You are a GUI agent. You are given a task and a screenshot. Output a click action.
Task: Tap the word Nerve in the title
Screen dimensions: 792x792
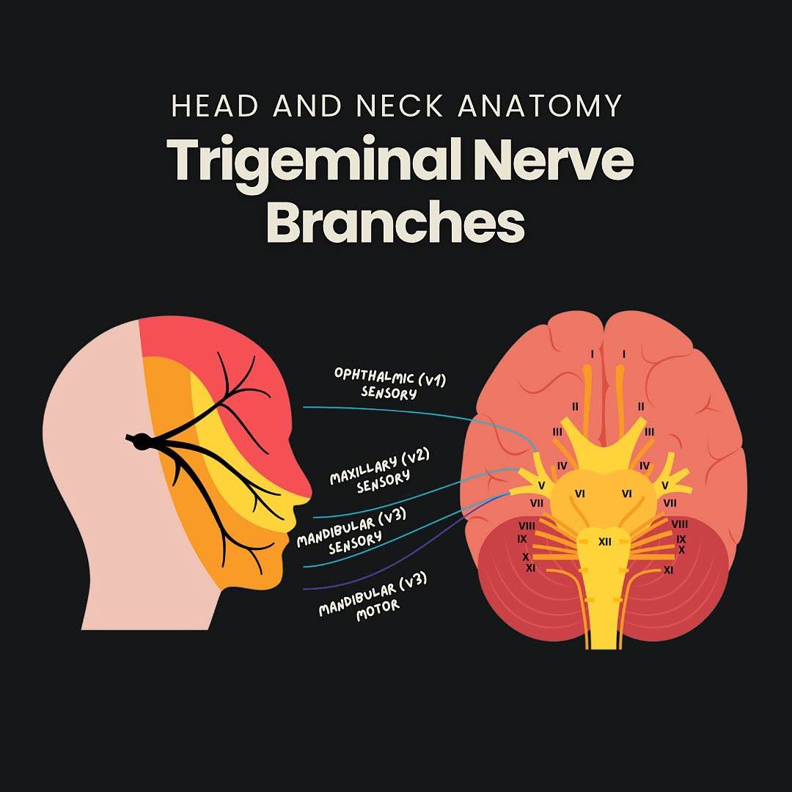pos(553,159)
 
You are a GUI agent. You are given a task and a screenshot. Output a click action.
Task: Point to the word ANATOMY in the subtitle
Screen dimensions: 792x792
pos(540,106)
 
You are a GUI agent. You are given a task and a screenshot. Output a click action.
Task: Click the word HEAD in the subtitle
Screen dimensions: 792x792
pos(215,106)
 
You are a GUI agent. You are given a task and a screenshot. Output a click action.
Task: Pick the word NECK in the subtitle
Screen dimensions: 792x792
pos(399,106)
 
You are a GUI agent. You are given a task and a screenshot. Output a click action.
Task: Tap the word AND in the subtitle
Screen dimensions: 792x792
pos(307,106)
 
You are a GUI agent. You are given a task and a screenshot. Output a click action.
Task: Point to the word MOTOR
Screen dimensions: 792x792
pos(378,610)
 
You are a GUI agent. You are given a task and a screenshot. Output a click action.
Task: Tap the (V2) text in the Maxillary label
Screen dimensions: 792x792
pos(415,457)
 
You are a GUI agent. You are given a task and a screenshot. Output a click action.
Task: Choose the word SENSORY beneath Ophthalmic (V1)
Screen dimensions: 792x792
pos(389,392)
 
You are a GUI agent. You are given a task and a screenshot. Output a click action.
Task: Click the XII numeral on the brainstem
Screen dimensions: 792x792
pos(604,541)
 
